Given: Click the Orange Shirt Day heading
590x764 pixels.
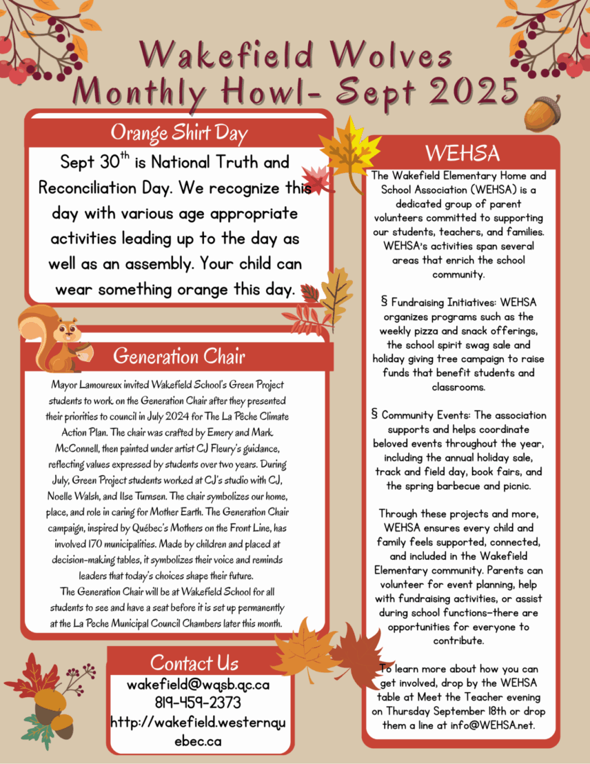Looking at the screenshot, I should coord(179,131).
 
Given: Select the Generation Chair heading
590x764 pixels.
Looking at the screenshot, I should coord(179,356).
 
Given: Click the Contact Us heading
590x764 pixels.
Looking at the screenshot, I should coord(194,663).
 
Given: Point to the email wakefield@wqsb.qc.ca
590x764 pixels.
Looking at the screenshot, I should coord(198,685).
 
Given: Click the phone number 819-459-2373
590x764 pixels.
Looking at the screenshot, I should coord(198,703).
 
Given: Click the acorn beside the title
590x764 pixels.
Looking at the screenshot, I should coord(542,112).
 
